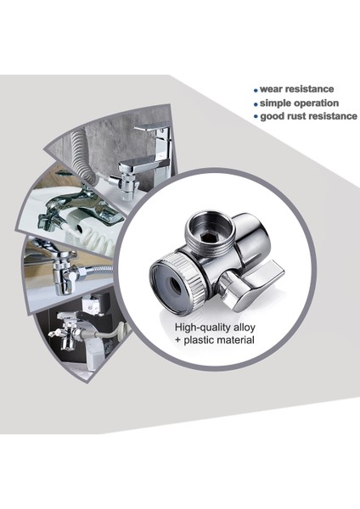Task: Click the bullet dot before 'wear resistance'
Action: tap(256, 89)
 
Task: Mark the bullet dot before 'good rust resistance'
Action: tap(256, 116)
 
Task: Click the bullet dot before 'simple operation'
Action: tap(256, 103)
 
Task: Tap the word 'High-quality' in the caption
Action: tap(203, 327)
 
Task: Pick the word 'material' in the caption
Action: tap(238, 341)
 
